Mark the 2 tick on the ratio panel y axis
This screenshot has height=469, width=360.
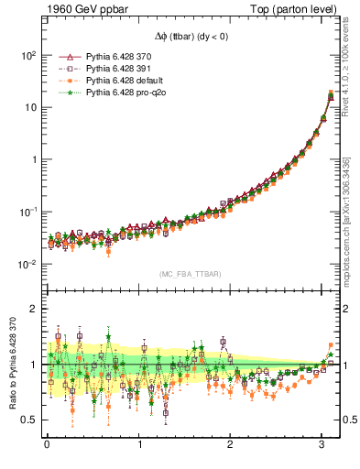33,309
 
